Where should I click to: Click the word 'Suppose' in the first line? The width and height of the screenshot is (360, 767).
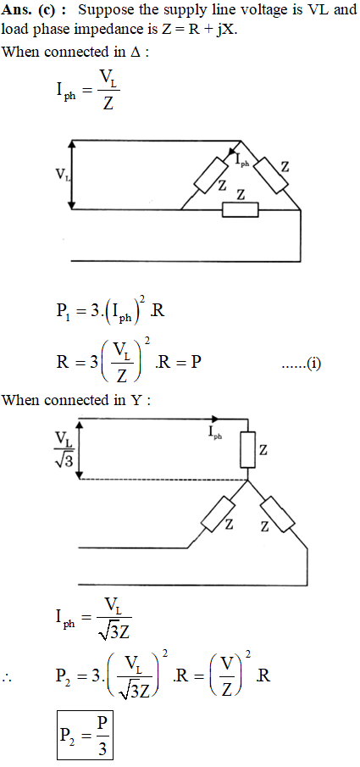click(x=100, y=10)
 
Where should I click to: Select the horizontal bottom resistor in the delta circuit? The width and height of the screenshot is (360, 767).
click(x=241, y=209)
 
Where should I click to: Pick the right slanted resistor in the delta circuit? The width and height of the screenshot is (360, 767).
click(x=270, y=175)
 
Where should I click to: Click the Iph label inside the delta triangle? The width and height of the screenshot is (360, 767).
click(x=242, y=160)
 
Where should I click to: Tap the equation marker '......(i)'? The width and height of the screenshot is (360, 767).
click(x=302, y=364)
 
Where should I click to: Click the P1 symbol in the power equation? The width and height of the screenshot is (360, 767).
click(x=63, y=312)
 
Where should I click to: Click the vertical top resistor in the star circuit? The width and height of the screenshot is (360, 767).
click(x=248, y=450)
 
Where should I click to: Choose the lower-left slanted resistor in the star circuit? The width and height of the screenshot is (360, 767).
click(x=219, y=514)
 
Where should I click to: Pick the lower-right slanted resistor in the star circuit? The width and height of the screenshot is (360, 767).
click(x=278, y=514)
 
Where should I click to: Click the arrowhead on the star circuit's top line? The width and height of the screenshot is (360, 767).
click(x=215, y=419)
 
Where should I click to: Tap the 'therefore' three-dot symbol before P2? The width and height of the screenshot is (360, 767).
click(x=8, y=680)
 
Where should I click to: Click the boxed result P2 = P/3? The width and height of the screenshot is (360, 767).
click(x=85, y=735)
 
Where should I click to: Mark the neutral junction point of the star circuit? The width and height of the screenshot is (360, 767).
click(x=248, y=481)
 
